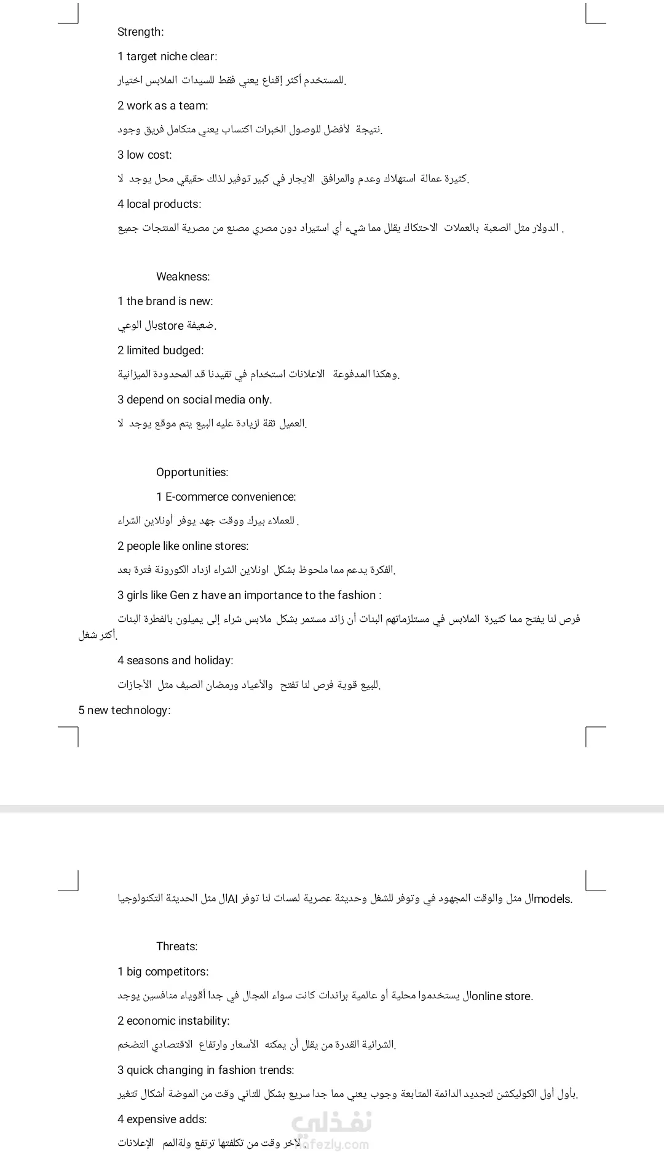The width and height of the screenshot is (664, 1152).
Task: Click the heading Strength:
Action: pos(140,32)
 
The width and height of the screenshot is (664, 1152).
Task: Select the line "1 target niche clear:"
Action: pos(167,57)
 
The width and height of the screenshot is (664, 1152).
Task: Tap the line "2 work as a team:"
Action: pos(162,106)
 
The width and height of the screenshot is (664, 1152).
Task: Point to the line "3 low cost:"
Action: pos(144,155)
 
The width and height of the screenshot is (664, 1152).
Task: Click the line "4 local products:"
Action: pos(159,204)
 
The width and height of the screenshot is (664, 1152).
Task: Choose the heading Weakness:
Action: pos(183,277)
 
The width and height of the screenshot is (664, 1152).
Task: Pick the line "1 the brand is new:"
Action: pos(165,301)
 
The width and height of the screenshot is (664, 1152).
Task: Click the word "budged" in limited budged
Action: pos(183,351)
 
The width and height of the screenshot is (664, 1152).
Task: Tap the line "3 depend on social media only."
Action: pos(194,400)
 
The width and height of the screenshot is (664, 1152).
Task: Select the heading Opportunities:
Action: pos(192,472)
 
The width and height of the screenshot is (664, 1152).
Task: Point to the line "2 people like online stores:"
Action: pos(183,546)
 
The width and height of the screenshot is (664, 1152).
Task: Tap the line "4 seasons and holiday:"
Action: pos(175,661)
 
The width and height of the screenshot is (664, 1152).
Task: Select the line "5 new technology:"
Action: pos(124,710)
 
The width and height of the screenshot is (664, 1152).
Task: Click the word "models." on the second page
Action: pos(553,899)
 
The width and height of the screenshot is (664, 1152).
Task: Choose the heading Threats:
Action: pos(176,947)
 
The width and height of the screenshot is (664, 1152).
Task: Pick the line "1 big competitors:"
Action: pos(163,972)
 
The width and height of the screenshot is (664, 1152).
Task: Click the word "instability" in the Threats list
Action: pos(200,1021)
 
